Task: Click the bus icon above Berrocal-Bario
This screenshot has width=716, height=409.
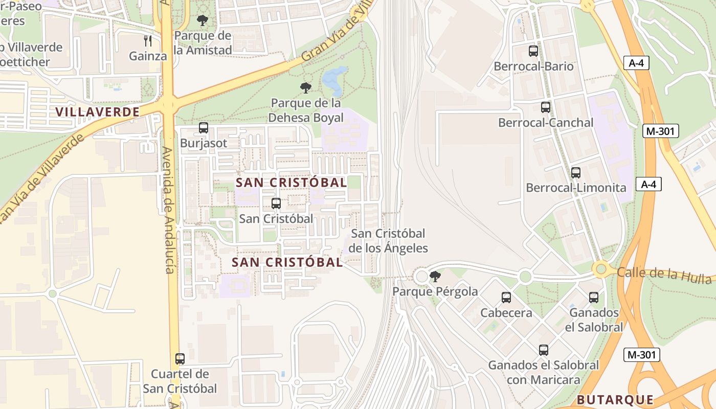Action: coord(533,51)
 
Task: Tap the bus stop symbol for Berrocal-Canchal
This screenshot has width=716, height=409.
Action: coord(546,107)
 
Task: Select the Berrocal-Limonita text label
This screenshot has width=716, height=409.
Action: coord(576,188)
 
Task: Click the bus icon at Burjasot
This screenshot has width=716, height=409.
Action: coord(204,128)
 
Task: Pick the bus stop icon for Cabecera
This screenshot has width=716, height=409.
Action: coord(506,298)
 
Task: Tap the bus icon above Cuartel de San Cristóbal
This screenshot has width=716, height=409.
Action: coord(180,359)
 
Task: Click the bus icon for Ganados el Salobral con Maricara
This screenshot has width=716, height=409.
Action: coord(544,350)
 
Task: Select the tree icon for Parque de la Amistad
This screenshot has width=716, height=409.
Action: coord(203,21)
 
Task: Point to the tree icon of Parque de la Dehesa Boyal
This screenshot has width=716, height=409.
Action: coord(306,88)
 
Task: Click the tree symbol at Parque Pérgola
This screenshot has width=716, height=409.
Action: coord(435,277)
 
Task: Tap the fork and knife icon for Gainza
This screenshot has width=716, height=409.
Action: coord(148,41)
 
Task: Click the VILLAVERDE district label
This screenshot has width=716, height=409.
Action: coord(97,112)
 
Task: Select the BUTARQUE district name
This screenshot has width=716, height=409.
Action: coord(615,400)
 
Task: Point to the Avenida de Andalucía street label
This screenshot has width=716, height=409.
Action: coord(169,210)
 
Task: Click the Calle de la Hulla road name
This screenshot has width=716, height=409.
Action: coord(664,275)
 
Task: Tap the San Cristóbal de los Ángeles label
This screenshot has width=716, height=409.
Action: coord(388,241)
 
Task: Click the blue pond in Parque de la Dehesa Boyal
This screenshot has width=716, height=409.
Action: coord(334,78)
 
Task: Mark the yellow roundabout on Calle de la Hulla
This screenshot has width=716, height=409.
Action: coord(601,268)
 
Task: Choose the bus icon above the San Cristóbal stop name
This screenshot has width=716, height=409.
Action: coord(276,203)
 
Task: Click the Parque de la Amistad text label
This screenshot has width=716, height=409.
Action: coord(203,43)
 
